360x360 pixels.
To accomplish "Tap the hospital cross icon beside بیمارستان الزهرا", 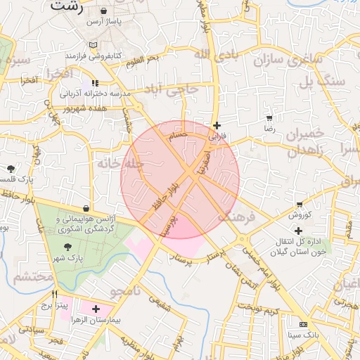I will (96, 309).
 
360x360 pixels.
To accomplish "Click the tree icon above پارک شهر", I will (67, 247).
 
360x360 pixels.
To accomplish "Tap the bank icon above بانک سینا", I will (303, 324).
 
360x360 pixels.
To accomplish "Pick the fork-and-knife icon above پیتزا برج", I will (54, 294).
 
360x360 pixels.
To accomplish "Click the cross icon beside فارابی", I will (217, 125).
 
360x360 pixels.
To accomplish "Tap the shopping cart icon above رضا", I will (269, 117).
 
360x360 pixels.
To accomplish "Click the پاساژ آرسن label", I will (104, 22).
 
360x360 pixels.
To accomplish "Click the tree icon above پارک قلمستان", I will (11, 168).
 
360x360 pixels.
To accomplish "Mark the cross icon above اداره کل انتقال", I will (298, 231).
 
